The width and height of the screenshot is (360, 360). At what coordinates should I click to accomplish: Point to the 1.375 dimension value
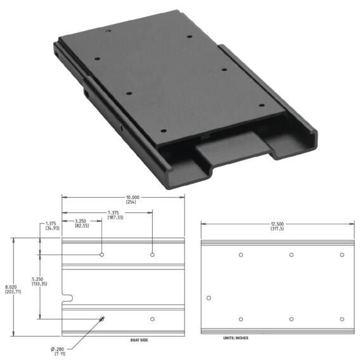[52, 223]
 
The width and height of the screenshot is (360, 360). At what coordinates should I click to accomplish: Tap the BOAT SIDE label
[139, 340]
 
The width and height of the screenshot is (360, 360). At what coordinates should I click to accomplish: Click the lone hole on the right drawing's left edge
[209, 298]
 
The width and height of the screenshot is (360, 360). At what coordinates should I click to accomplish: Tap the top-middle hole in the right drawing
[292, 255]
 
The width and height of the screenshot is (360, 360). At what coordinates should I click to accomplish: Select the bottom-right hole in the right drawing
[342, 319]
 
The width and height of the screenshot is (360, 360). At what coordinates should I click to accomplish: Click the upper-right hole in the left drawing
[152, 255]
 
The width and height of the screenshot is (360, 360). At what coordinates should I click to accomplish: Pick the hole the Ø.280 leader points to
[102, 319]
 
